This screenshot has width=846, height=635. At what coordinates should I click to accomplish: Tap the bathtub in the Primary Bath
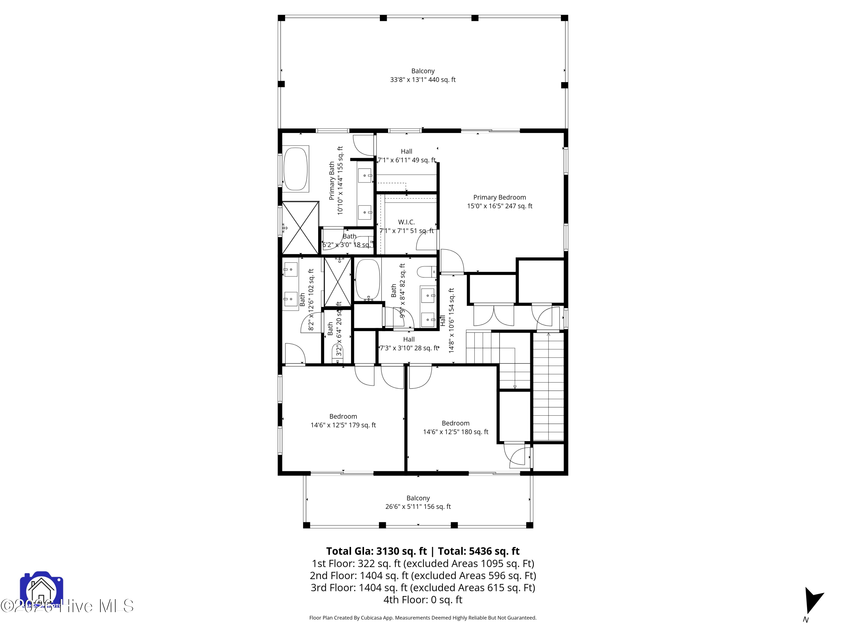tap(295, 168)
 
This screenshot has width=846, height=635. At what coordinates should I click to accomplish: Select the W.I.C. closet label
tap(406, 222)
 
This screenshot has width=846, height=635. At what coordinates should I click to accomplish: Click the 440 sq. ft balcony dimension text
tap(423, 80)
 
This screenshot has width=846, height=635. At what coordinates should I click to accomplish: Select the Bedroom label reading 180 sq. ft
tap(455, 427)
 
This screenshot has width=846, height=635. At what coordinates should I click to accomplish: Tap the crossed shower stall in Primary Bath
tap(300, 228)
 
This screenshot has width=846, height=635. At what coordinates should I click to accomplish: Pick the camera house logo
tap(41, 590)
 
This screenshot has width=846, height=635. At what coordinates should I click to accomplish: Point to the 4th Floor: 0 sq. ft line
tap(423, 599)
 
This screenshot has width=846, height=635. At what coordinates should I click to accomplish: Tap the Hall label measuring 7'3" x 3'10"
tap(408, 344)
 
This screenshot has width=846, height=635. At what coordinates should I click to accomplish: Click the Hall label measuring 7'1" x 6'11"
tap(406, 156)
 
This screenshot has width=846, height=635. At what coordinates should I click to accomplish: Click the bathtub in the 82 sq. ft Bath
tap(367, 280)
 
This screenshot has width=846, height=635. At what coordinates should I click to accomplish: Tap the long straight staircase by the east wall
tap(548, 387)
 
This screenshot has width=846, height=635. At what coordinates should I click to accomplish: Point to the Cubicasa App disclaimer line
tap(423, 618)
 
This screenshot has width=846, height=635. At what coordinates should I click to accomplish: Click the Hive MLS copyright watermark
tap(67, 606)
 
